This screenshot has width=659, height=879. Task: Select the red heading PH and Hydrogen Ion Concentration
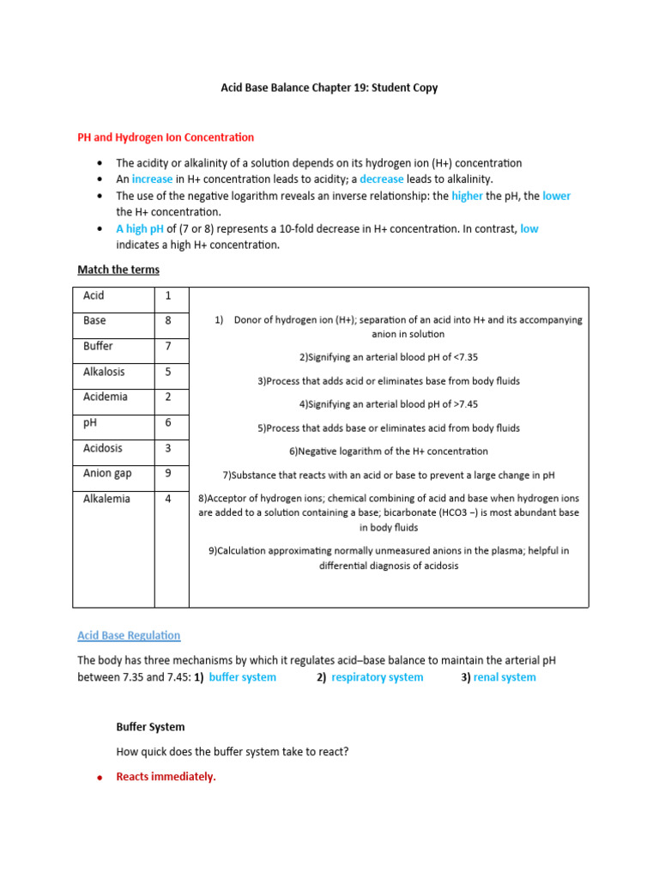pos(166,137)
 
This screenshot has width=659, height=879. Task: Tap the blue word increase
pos(152,179)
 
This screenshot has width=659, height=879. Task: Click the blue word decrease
pos(381,179)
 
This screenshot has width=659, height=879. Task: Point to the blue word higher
pos(467,196)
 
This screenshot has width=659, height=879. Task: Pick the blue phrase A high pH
pos(139,229)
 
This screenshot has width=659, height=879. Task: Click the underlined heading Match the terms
pos(118,270)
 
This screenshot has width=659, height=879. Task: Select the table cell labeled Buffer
pos(98,346)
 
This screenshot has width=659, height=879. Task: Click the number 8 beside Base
pos(168,321)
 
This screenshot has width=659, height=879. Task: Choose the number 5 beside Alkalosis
pos(168,372)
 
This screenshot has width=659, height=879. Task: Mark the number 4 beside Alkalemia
pos(168,499)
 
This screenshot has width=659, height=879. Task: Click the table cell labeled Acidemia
pos(105,397)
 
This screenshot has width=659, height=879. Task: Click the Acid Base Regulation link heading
pos(129,635)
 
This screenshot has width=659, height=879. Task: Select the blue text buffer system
pos(243,677)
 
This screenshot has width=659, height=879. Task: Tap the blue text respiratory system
pos(377,677)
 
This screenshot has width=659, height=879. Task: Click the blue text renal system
pos(505,677)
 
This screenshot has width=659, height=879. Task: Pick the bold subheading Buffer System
pos(150,726)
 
